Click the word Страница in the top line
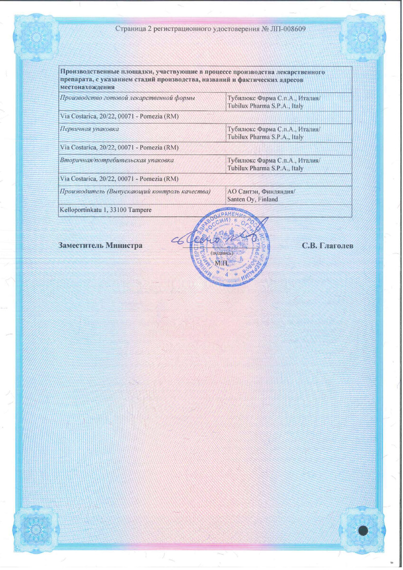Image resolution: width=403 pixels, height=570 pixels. point(131,28)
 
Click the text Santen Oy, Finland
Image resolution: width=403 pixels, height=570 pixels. point(253,199)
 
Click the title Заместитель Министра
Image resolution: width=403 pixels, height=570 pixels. point(100,246)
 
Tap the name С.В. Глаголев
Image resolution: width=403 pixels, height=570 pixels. point(327,246)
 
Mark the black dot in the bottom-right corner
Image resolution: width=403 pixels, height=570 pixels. point(363,530)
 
